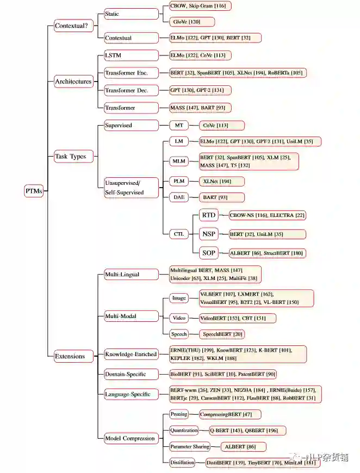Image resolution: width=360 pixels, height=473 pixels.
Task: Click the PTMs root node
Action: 34,191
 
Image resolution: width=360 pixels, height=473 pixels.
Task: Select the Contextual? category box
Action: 73,25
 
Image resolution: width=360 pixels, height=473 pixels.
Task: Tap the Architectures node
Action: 73,82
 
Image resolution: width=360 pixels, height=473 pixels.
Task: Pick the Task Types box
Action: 71,157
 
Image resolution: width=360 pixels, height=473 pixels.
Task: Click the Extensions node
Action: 70,356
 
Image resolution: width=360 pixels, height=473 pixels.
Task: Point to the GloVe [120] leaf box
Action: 191,22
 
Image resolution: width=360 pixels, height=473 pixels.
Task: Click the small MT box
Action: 179,126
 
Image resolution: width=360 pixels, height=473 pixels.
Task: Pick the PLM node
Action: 179,181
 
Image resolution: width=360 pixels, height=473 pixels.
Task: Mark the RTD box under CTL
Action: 209,215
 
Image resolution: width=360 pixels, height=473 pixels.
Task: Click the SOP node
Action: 209,253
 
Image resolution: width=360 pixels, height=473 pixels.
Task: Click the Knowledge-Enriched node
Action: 131,354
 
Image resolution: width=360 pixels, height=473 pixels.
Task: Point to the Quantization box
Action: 184,430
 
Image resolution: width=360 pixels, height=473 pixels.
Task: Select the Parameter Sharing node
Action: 189,446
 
